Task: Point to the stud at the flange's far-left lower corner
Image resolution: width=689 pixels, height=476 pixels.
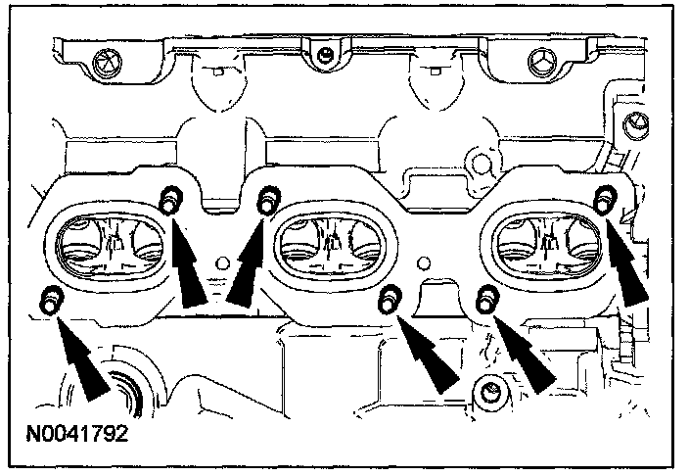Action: point(49,301)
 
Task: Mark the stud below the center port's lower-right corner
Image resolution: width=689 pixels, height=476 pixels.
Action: point(390,298)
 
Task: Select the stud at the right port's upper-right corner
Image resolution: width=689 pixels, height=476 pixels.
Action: point(605,201)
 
